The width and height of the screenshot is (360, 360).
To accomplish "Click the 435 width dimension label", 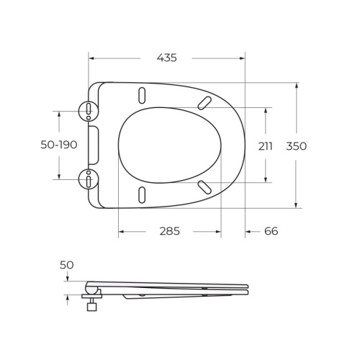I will click(166, 58).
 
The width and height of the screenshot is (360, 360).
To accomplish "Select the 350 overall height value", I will click(296, 145).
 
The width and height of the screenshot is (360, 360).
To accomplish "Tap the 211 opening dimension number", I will click(266, 145).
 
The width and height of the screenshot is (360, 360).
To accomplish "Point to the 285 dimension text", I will click(169, 231).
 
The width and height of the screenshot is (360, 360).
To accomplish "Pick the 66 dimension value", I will click(271, 231).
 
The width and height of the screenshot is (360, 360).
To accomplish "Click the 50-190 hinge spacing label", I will click(58, 145).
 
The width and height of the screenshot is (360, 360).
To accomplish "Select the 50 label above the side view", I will click(66, 265).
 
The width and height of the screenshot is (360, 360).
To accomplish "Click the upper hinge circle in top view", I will click(88, 111).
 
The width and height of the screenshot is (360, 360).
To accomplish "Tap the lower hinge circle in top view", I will click(88, 178).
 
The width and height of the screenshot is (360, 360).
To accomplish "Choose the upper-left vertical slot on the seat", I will click(141, 96).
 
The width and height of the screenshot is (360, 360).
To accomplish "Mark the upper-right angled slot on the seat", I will click(205, 102).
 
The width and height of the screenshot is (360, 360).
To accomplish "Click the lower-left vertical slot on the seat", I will click(141, 194).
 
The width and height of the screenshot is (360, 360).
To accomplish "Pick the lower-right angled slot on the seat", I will click(205, 187).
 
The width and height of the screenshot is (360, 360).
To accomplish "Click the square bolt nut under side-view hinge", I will click(91, 307).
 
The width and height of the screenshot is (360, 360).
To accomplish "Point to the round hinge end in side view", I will click(90, 285).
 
